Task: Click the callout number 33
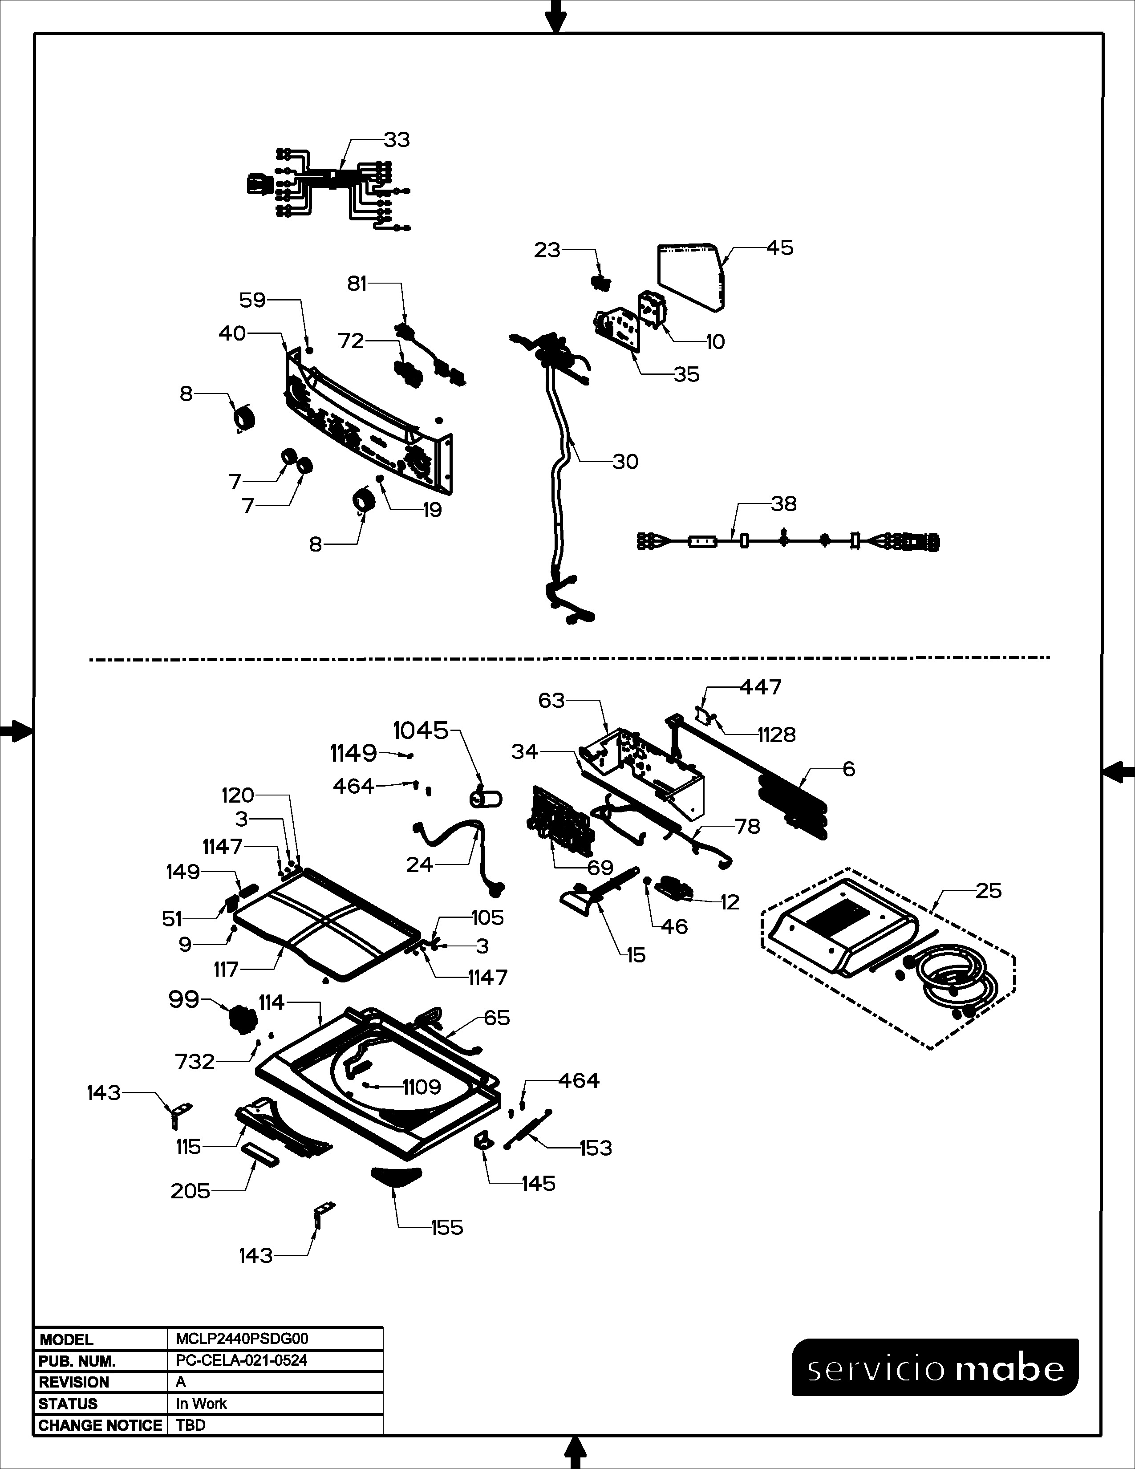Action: (x=397, y=140)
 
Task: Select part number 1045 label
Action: (x=420, y=730)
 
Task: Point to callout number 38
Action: (x=783, y=504)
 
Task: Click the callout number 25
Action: (x=989, y=891)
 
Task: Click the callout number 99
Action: (x=183, y=999)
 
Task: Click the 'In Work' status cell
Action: (x=201, y=1404)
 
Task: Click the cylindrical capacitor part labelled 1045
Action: (x=486, y=799)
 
